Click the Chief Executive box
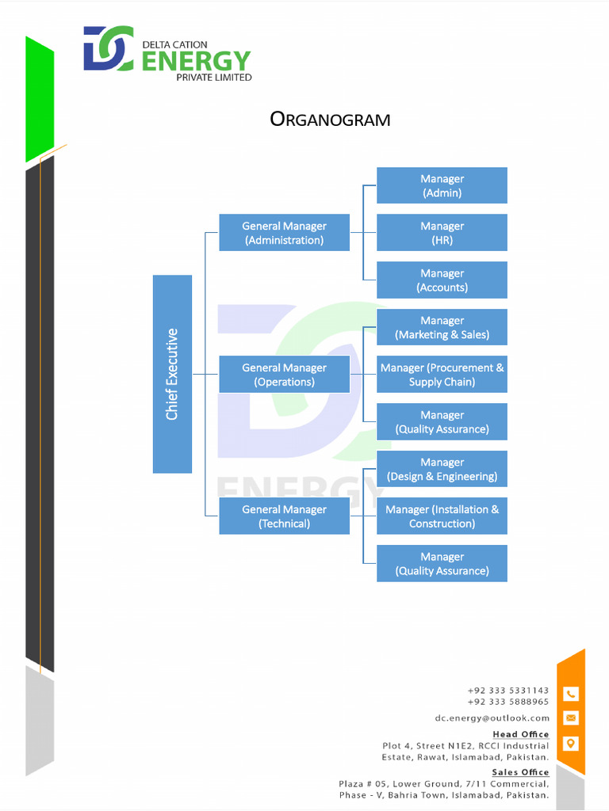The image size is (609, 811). click(x=172, y=374)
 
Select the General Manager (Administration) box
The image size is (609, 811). click(x=284, y=233)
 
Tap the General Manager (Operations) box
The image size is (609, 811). click(x=284, y=375)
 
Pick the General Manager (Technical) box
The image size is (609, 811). click(x=284, y=516)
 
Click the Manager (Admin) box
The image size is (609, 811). click(x=442, y=185)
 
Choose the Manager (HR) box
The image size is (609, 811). click(x=442, y=233)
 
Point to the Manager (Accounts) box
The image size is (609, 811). click(x=442, y=280)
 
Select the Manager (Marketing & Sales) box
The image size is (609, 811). click(x=442, y=327)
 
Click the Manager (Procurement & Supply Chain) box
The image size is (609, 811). click(x=442, y=375)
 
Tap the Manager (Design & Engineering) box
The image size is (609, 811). click(x=442, y=469)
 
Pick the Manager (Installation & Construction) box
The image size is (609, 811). click(x=442, y=516)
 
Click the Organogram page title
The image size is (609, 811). click(x=330, y=120)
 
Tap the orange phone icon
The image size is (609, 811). click(x=571, y=694)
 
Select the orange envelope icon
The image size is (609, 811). click(x=571, y=718)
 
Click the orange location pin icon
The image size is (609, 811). click(x=571, y=744)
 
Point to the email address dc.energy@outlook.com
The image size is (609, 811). click(x=492, y=718)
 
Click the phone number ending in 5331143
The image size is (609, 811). click(x=507, y=691)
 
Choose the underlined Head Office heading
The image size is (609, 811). click(x=520, y=734)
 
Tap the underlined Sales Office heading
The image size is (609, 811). click(x=520, y=772)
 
